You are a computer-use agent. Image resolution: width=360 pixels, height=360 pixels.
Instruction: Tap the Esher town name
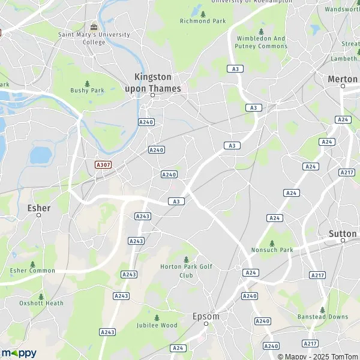[39, 208]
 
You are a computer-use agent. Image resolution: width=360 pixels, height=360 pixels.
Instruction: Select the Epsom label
[206, 316]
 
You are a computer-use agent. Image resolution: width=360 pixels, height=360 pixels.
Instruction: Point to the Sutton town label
[343, 233]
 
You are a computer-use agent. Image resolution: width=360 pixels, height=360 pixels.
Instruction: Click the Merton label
[343, 79]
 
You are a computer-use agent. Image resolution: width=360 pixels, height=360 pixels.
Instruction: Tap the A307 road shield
[103, 164]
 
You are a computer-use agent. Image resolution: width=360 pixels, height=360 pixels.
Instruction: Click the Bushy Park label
[88, 91]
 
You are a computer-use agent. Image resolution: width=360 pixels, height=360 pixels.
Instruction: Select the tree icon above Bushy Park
[88, 83]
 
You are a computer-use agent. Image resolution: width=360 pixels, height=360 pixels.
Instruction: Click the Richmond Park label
[202, 21]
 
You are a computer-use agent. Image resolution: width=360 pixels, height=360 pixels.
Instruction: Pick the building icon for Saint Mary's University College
[94, 26]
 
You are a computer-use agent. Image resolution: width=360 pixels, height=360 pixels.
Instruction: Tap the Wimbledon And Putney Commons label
[262, 42]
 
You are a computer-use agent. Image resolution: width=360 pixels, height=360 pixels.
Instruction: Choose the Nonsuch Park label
[272, 250]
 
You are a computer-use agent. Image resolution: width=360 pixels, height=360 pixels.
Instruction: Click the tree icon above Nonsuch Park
[272, 243]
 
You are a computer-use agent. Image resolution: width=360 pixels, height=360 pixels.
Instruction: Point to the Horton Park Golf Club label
[186, 271]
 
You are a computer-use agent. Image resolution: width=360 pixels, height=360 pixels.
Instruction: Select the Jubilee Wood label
[157, 325]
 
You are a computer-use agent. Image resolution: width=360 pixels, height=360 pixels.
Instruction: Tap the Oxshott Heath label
[41, 303]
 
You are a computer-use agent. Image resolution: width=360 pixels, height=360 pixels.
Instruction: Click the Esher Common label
[32, 271]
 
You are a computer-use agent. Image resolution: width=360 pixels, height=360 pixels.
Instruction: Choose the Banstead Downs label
[323, 316]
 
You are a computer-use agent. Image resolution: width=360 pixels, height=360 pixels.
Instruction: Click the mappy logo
[19, 353]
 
